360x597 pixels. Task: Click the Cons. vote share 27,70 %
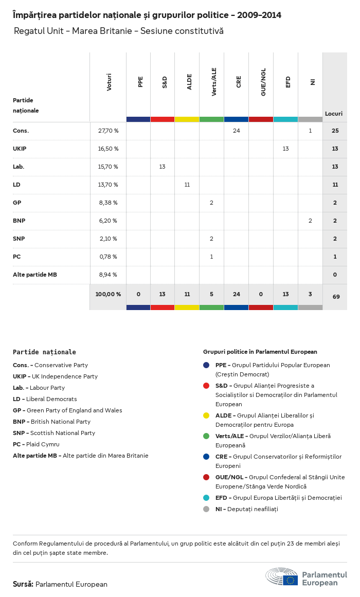point(108,131)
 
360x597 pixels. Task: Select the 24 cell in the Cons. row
point(237,131)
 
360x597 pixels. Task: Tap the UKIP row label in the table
point(20,149)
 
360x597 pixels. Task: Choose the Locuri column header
point(334,114)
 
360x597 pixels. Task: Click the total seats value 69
point(335,296)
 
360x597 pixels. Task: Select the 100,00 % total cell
point(108,294)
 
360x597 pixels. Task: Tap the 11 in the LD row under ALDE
point(187,185)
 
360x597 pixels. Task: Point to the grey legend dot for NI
point(206,509)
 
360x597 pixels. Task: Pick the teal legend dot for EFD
point(206,498)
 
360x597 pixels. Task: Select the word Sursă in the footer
point(23,584)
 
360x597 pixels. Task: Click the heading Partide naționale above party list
point(44,352)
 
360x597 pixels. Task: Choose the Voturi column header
point(109,82)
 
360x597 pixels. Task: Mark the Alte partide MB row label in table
point(35,275)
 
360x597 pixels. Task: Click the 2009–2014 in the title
point(260,15)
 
